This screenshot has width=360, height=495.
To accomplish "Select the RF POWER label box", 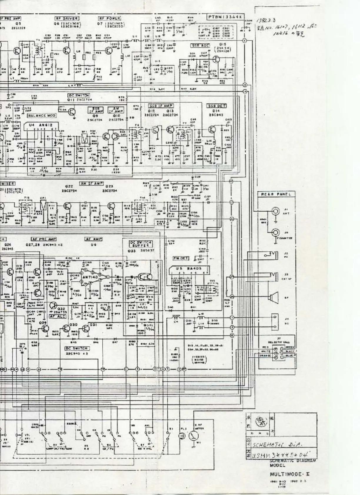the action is tap(109, 18).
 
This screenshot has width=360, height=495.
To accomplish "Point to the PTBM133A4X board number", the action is tap(224, 17).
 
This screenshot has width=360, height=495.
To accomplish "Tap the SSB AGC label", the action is tap(200, 46).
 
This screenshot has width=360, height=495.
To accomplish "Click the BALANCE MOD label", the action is tap(41, 116).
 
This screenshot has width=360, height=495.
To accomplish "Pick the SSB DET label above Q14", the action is tap(217, 106).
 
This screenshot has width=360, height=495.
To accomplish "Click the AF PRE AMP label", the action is tap(44, 239).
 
